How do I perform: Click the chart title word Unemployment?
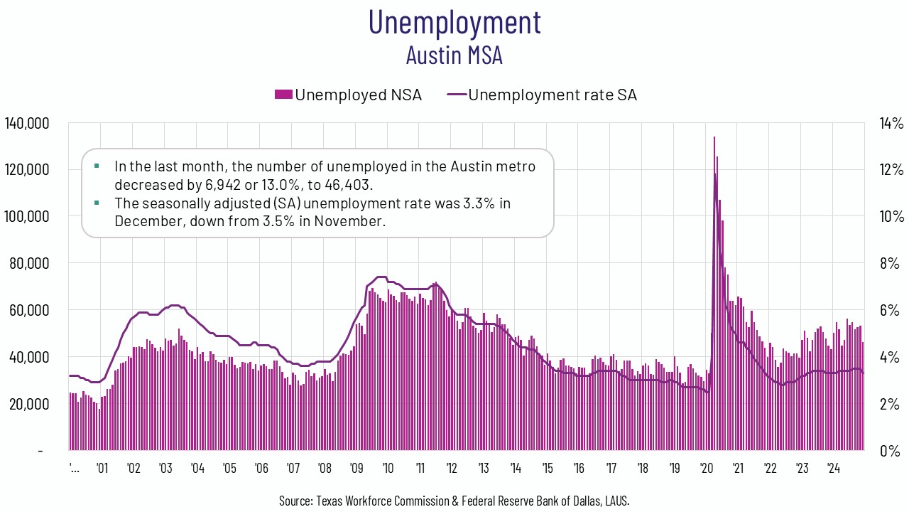coord(454,22)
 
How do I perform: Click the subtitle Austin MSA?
coord(454,55)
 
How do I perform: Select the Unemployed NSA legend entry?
coord(348,95)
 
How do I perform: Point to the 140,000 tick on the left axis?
coord(26,123)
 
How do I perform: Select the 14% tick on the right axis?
coord(890,123)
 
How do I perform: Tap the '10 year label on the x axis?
coord(388,469)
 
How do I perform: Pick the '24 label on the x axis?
coord(834,469)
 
